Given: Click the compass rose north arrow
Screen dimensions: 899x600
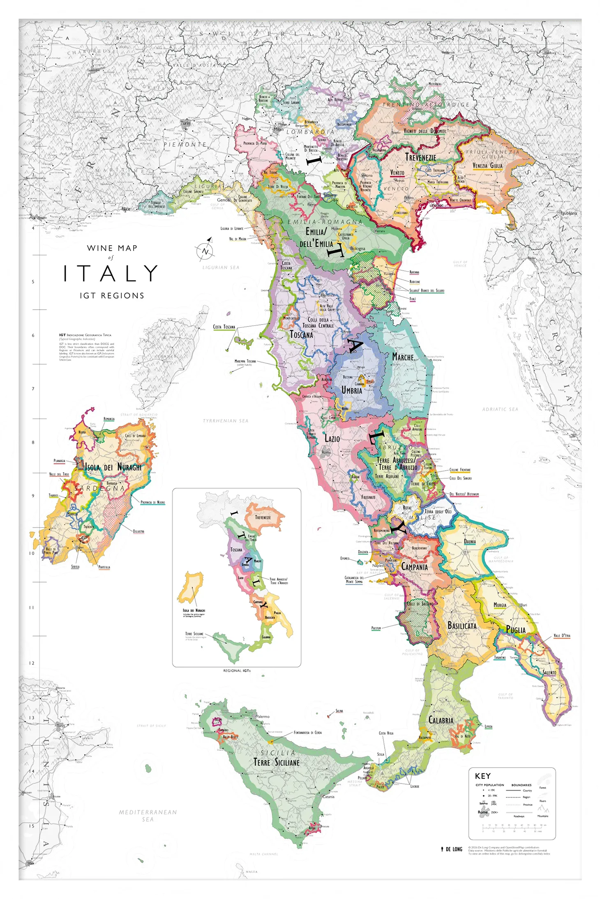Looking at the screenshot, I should (x=205, y=250).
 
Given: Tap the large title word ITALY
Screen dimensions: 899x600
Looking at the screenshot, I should (x=111, y=273).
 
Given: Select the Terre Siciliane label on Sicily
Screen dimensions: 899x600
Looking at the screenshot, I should (x=276, y=763).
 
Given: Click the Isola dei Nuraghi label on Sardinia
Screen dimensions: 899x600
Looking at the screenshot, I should (x=113, y=467).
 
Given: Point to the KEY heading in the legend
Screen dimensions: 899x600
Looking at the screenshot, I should (x=482, y=776).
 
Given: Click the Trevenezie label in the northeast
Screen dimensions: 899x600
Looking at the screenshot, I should (x=420, y=157).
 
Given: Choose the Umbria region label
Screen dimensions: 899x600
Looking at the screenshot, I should (x=352, y=390).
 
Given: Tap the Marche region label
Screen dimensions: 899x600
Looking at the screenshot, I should (x=403, y=357).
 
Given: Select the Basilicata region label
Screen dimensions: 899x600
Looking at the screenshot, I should (x=462, y=626).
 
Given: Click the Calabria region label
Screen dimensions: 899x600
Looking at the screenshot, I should (x=441, y=720).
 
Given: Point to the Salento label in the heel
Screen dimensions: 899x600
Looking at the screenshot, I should (x=549, y=673).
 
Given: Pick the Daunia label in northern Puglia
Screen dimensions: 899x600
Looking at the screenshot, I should (x=470, y=541).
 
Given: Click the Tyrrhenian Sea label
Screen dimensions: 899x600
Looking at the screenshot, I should (x=226, y=421).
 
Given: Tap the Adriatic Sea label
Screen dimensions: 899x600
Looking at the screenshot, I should (x=500, y=409).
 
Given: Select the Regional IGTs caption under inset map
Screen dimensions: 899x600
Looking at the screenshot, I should (x=237, y=671).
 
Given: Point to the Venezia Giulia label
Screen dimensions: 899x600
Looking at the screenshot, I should (x=487, y=166).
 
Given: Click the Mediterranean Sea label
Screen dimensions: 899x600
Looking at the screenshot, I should (x=148, y=815).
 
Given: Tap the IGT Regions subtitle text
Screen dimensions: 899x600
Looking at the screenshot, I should (x=112, y=296).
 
